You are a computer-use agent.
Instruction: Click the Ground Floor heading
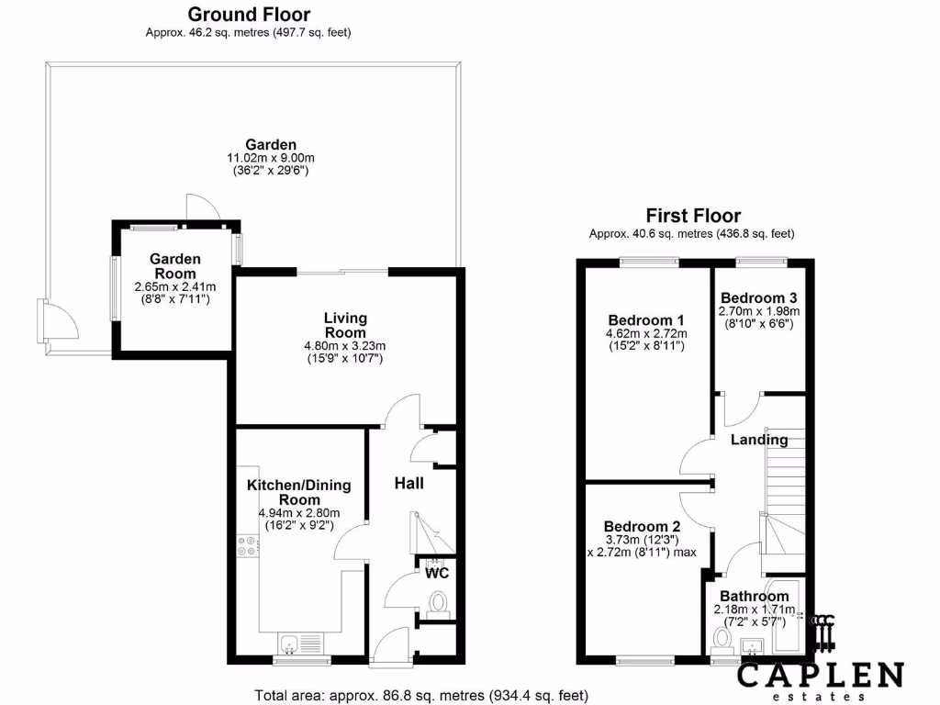(249, 15)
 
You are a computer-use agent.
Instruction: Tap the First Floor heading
(693, 216)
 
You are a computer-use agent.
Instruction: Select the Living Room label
(345, 325)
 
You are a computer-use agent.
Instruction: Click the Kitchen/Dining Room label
(298, 492)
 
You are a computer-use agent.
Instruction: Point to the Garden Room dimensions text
(174, 293)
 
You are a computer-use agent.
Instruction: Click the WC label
(436, 573)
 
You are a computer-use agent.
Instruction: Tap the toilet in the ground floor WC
(439, 602)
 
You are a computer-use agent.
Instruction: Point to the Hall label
(408, 483)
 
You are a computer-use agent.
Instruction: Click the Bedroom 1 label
(645, 319)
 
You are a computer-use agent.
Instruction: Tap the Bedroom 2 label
(643, 526)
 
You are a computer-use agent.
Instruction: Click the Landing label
(759, 440)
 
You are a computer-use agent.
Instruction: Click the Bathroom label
(754, 597)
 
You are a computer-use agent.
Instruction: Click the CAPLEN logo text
(821, 677)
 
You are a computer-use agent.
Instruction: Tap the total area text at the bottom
(420, 695)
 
